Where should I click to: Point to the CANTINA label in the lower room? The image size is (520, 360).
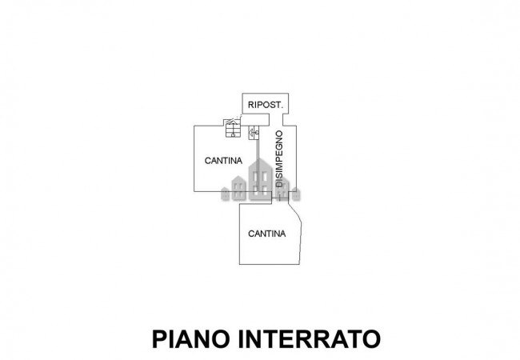point(267,234)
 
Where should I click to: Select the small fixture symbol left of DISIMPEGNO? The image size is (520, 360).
point(254,132)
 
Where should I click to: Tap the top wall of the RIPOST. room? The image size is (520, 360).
point(266,94)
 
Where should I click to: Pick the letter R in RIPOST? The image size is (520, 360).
point(251,105)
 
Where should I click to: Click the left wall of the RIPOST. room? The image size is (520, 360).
point(243,104)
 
